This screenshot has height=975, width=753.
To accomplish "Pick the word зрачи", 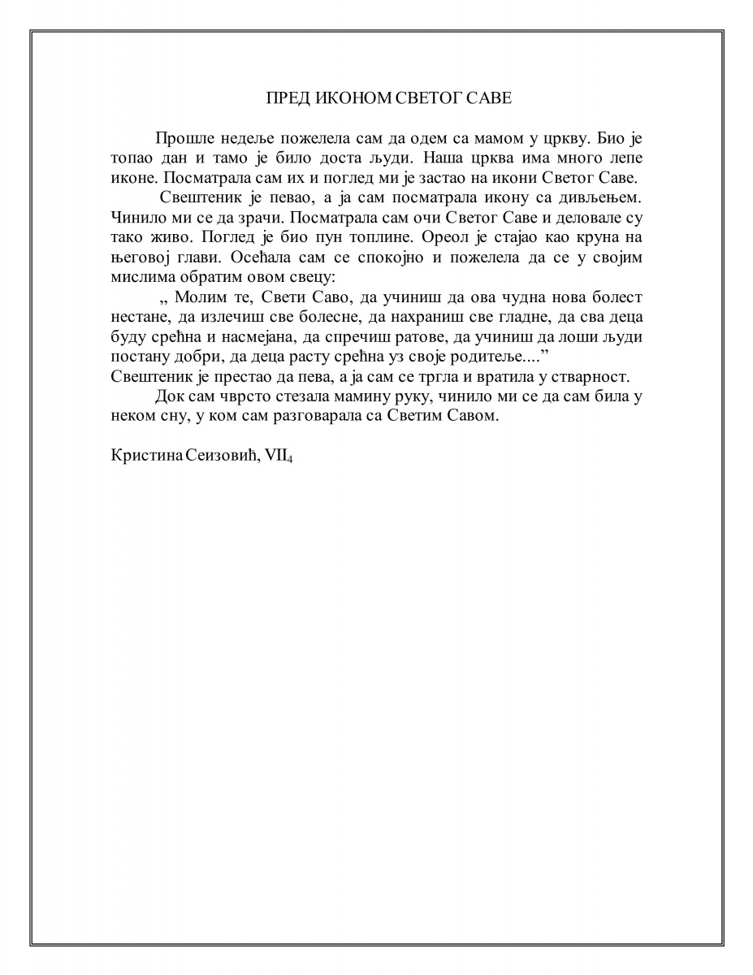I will point(259,218).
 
